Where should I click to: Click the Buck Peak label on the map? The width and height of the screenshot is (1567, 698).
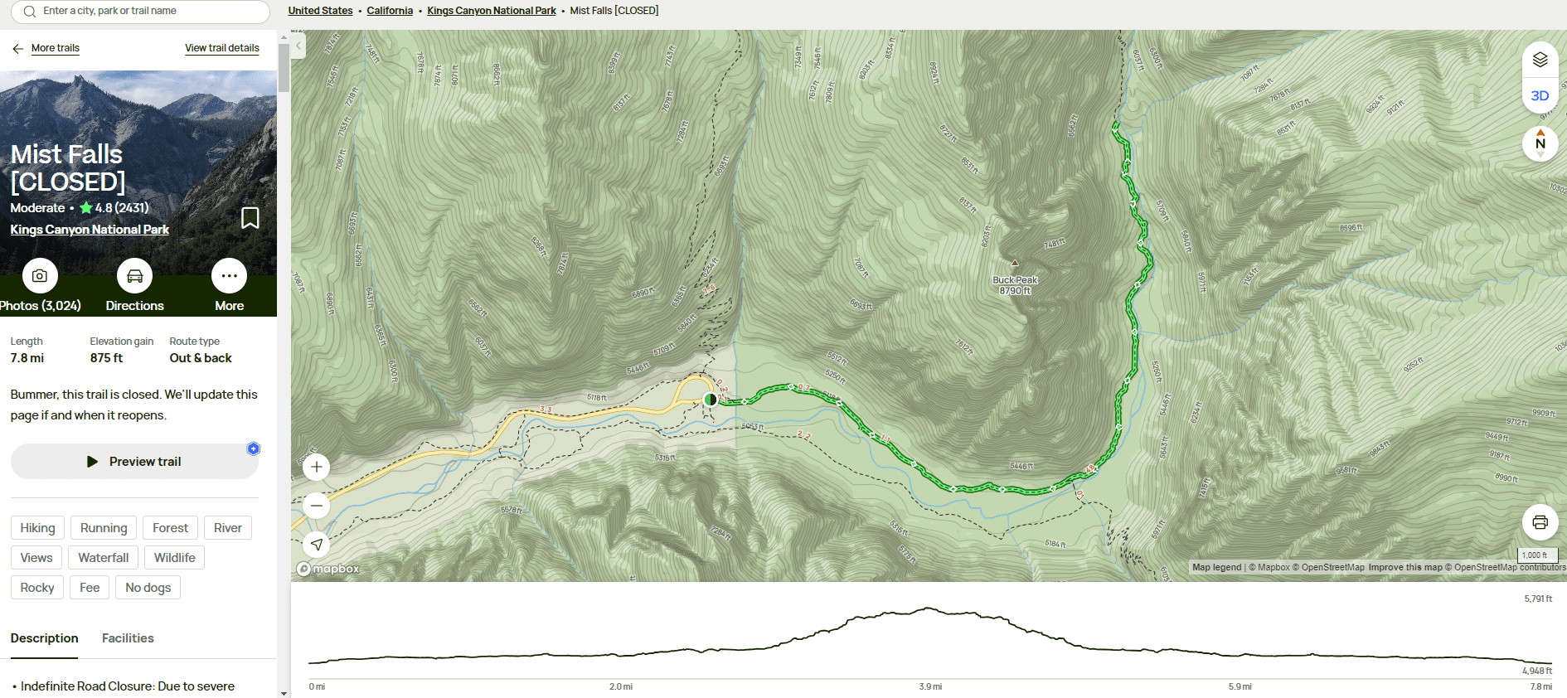pos(1015,280)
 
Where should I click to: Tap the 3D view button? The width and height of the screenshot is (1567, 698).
pos(1540,96)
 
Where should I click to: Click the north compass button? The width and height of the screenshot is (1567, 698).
pos(1540,143)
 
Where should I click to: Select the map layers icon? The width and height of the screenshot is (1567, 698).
pos(1540,60)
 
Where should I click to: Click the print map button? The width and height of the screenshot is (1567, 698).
pos(1540,522)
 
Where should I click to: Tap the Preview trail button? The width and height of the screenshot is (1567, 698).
pos(134,462)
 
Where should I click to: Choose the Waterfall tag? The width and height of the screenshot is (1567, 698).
pos(104,558)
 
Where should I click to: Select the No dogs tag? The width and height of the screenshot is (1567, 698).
pos(148,588)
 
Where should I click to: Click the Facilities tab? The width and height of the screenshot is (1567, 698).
pos(128,638)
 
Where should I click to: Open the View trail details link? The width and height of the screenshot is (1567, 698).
pos(221,48)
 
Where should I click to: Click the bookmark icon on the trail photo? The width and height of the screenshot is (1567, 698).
pos(250,218)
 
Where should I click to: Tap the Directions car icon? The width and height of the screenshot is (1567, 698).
pos(134,276)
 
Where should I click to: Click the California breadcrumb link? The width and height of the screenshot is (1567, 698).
pos(390,11)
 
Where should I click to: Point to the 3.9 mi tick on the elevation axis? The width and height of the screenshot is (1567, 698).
pos(930,686)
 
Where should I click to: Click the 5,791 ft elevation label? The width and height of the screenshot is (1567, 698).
pos(1538,599)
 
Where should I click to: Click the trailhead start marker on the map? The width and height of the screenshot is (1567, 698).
pos(710,400)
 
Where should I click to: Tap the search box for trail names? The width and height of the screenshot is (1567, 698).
pos(141,12)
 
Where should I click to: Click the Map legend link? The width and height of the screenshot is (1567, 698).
pos(1216,568)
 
